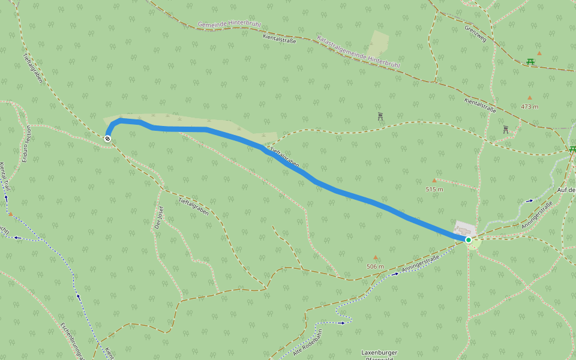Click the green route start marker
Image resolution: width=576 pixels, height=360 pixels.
pos(469,240)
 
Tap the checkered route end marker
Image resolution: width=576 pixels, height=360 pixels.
pos(107,139)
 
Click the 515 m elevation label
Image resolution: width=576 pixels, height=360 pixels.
pos(434,190)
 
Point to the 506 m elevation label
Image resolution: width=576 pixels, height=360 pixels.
pos(375,266)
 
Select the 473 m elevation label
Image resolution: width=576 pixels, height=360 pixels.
pos(529,107)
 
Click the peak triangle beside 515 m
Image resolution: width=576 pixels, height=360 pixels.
pos(434,180)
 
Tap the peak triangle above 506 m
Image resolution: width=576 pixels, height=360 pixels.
pos(376,257)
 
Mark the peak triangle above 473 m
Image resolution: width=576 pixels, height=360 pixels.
pos(529,97)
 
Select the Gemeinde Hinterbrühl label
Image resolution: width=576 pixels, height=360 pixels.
pos(230,26)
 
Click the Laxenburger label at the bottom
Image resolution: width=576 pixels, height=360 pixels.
pos(379,353)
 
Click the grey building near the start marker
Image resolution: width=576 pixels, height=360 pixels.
pos(465,230)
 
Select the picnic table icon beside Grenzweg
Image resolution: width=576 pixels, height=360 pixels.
pos(530,61)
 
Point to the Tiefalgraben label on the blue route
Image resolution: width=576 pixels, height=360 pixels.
pos(284,157)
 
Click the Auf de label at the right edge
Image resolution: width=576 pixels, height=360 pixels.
pos(566,190)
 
